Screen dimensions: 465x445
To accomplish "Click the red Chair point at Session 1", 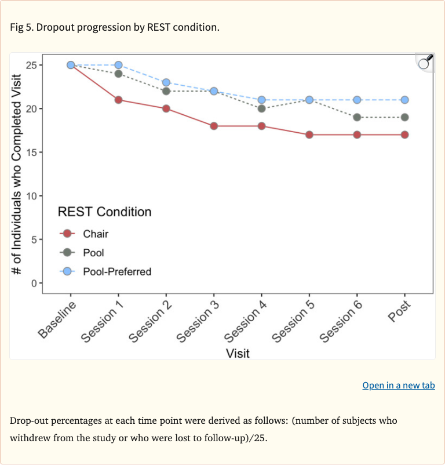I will tap(118, 100).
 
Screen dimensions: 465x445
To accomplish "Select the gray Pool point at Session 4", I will tap(261, 108).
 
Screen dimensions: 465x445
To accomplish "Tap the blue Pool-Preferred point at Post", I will tap(404, 100).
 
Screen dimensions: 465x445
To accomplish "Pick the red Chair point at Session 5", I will tap(309, 135).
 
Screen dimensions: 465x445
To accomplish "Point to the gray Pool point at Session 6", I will tap(357, 117).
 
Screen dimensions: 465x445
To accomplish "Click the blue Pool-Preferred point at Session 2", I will tap(166, 82).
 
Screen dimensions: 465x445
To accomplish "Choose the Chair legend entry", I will tap(96, 234).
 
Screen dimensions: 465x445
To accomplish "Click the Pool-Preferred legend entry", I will tap(116, 271).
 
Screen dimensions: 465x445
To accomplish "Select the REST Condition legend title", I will tap(104, 212).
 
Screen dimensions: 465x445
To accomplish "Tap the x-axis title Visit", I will tap(238, 353).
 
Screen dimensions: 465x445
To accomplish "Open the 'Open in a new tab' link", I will tap(398, 385).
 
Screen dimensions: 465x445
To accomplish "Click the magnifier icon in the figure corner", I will tap(425, 61).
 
